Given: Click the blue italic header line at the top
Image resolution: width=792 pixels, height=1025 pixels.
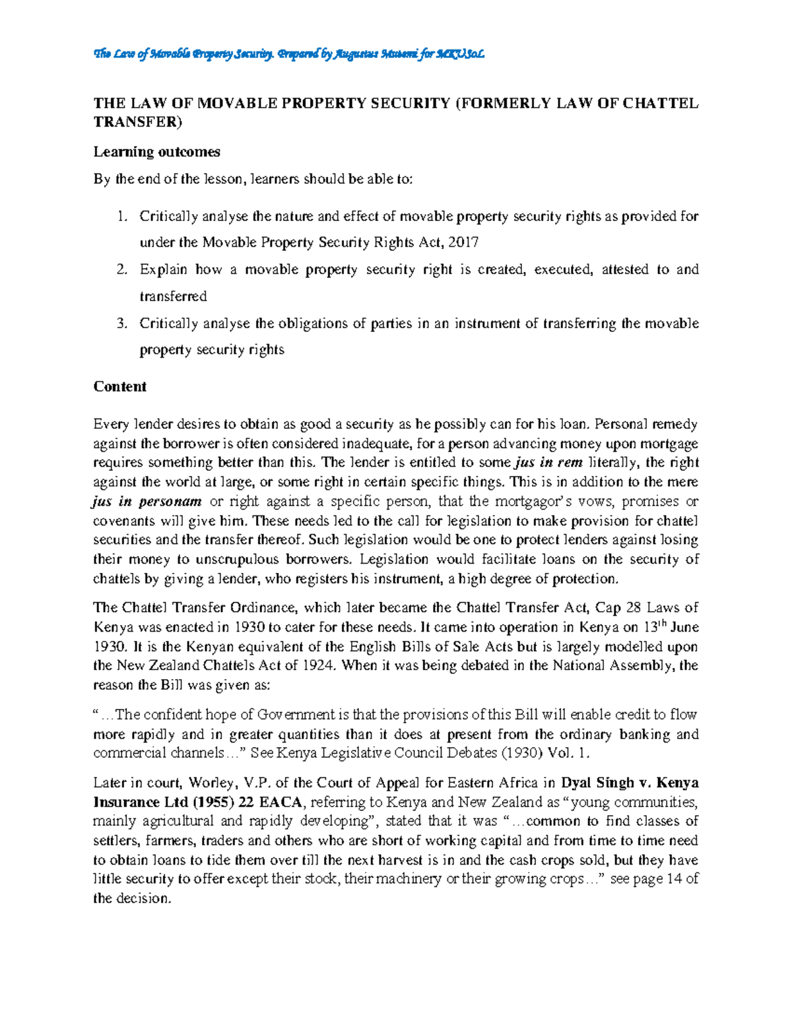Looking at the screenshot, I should [x=290, y=54].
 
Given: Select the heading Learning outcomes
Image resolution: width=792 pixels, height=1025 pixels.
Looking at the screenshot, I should [x=156, y=152].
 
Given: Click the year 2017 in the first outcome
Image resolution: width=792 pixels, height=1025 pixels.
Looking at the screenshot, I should [x=463, y=242].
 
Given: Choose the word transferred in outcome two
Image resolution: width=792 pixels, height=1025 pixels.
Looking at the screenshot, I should [x=173, y=296].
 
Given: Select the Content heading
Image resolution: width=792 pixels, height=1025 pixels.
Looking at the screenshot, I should [x=119, y=387].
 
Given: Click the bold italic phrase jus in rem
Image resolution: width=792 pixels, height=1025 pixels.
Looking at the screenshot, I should [x=547, y=463].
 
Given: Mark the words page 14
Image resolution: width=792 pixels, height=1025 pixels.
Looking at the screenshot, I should [x=647, y=879].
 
